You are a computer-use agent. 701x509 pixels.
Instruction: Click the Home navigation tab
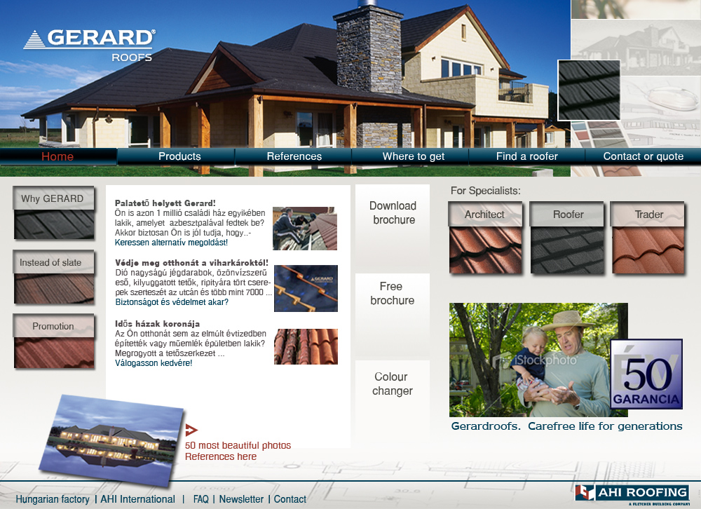(x=58, y=156)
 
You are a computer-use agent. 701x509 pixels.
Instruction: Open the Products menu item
(x=179, y=156)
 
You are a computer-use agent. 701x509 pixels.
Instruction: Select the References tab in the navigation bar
(x=294, y=156)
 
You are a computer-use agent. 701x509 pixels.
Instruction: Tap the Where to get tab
(x=414, y=156)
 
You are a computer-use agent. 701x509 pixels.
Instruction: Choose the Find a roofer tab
(x=526, y=156)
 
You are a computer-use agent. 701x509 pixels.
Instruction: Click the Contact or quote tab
(x=644, y=156)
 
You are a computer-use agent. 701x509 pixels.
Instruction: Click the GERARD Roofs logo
(x=90, y=45)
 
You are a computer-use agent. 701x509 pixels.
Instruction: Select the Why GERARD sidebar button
(x=54, y=212)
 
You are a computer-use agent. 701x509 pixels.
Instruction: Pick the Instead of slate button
(x=54, y=277)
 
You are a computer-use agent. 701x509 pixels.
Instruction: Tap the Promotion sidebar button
(x=54, y=341)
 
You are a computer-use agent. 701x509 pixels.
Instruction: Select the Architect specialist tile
(x=486, y=238)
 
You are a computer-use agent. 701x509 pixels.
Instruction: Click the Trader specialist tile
(x=648, y=238)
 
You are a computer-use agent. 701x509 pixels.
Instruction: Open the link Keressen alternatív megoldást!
(x=171, y=243)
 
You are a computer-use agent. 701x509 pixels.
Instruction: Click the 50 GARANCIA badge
(x=646, y=374)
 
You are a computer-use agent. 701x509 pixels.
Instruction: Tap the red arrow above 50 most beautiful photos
(x=191, y=430)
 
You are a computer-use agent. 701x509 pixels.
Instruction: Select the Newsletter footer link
(x=241, y=499)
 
